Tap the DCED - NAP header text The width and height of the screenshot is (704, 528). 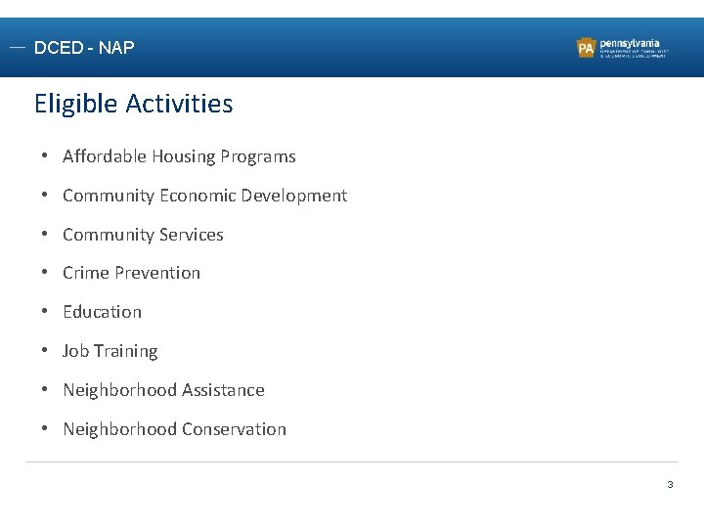click(x=84, y=48)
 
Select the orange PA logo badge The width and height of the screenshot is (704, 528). click(x=587, y=48)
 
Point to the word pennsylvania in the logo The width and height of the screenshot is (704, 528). click(x=630, y=43)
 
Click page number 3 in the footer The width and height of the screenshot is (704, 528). click(x=670, y=485)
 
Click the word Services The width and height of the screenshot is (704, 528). click(x=192, y=235)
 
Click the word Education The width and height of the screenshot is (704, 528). click(x=102, y=312)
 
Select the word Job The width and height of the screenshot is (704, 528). click(x=75, y=351)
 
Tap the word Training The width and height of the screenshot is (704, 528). click(x=125, y=351)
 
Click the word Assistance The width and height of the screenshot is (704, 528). click(x=221, y=390)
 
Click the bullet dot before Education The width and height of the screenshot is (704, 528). click(x=45, y=312)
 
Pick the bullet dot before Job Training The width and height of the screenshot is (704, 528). click(x=45, y=351)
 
